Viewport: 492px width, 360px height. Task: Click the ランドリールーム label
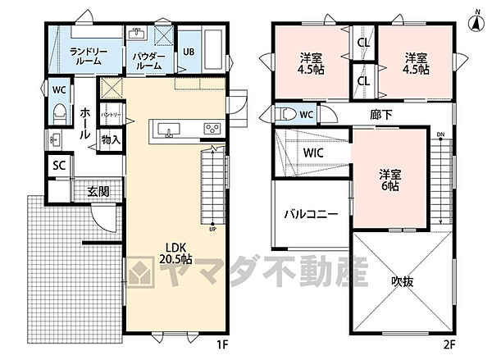click(x=85, y=57)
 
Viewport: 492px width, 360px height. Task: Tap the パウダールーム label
click(x=149, y=61)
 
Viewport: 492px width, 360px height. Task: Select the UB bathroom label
click(x=188, y=52)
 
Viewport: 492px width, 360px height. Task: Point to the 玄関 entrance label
click(x=99, y=191)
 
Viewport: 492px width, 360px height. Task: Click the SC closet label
click(x=58, y=165)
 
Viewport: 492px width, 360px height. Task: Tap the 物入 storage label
click(x=111, y=140)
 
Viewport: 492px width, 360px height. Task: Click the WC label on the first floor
click(x=58, y=89)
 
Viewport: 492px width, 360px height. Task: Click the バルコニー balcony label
click(x=311, y=214)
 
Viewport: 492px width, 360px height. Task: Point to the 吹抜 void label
click(x=401, y=280)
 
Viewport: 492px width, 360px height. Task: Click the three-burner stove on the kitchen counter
click(x=212, y=128)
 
